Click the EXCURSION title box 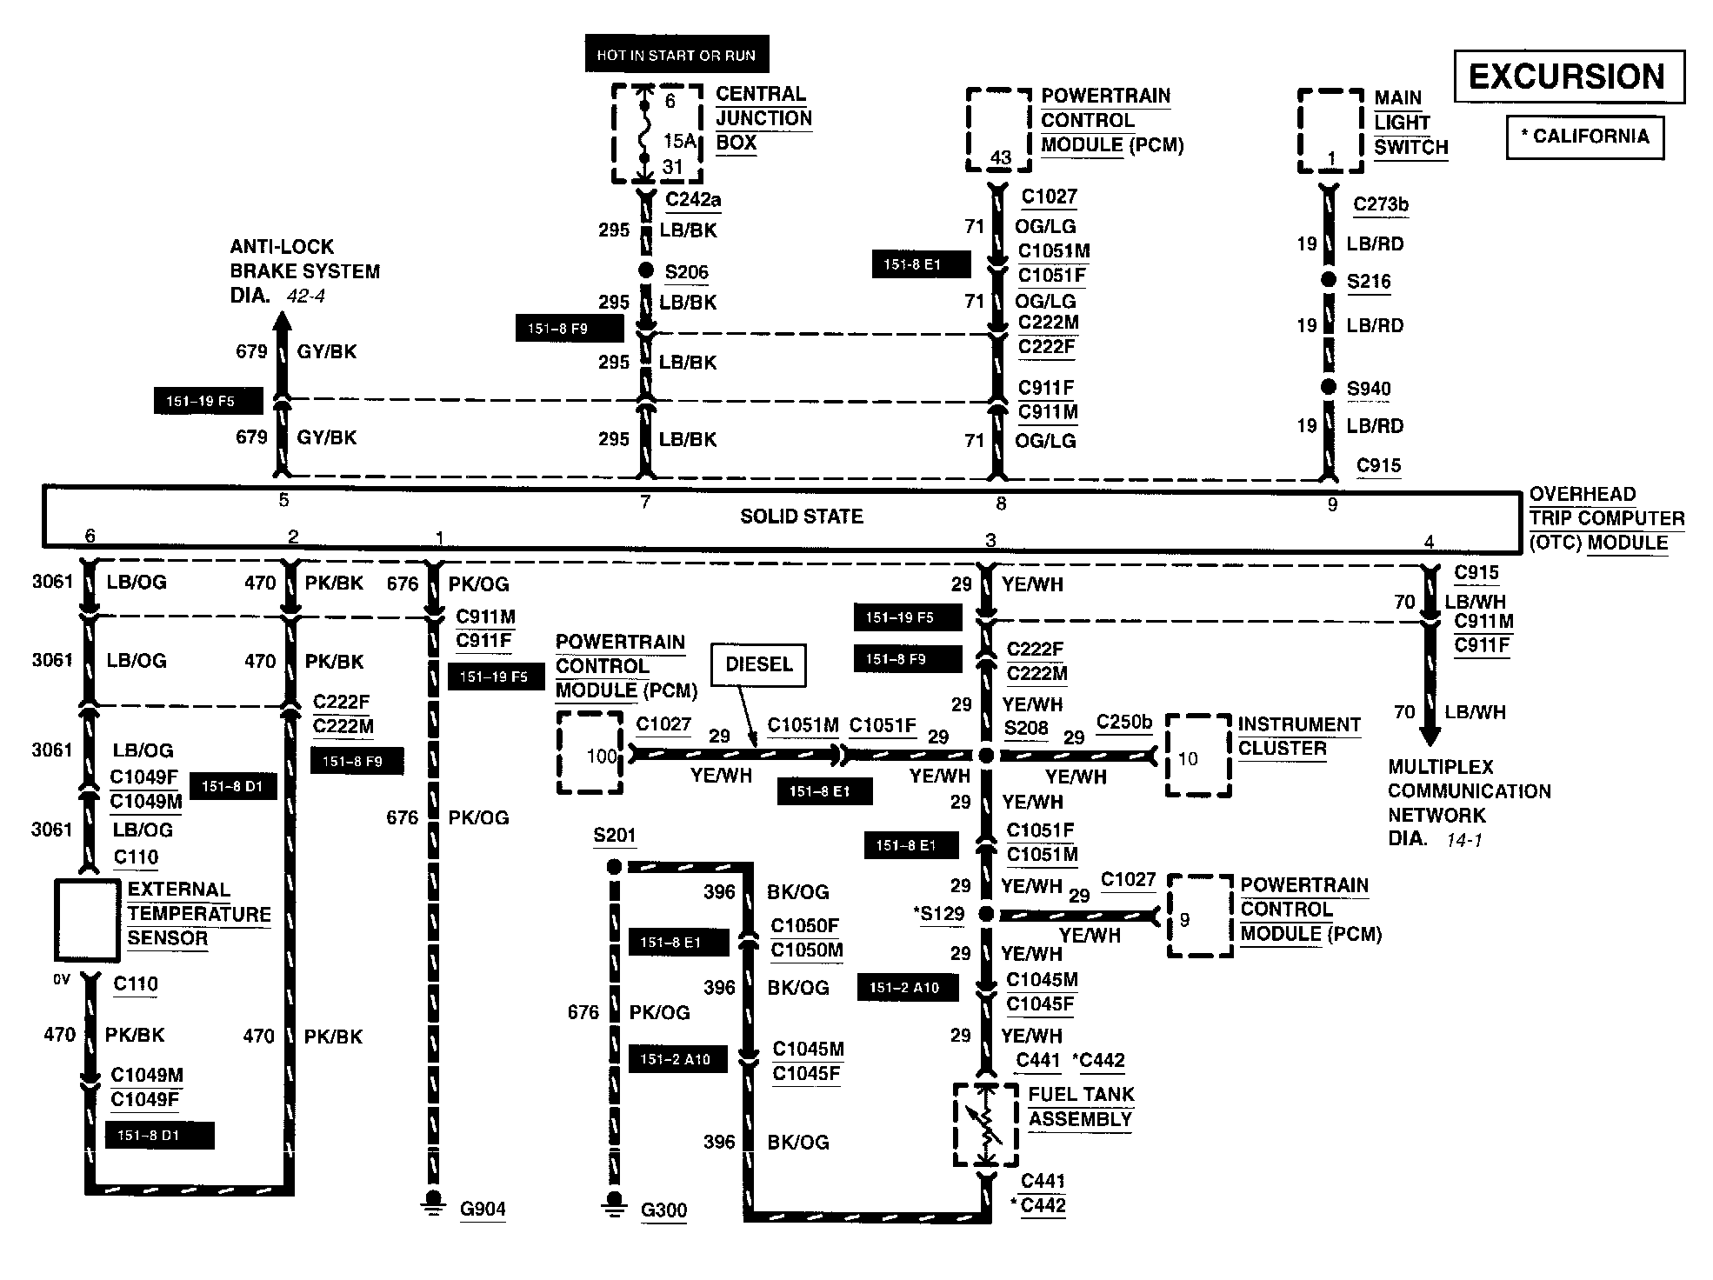[x=1568, y=77]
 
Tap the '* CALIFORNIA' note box [x=1584, y=137]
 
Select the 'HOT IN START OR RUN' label [x=676, y=55]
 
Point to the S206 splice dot [x=645, y=270]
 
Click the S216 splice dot [x=1328, y=280]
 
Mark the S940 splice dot [x=1328, y=387]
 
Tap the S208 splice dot [x=986, y=756]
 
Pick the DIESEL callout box [x=758, y=665]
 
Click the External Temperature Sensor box [x=87, y=920]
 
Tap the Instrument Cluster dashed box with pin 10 [x=1198, y=756]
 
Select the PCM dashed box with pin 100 [x=590, y=753]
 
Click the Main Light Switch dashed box [x=1330, y=131]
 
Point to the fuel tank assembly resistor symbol [x=986, y=1126]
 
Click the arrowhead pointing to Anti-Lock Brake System [x=282, y=323]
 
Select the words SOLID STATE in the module [x=801, y=517]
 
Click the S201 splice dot [x=614, y=867]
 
